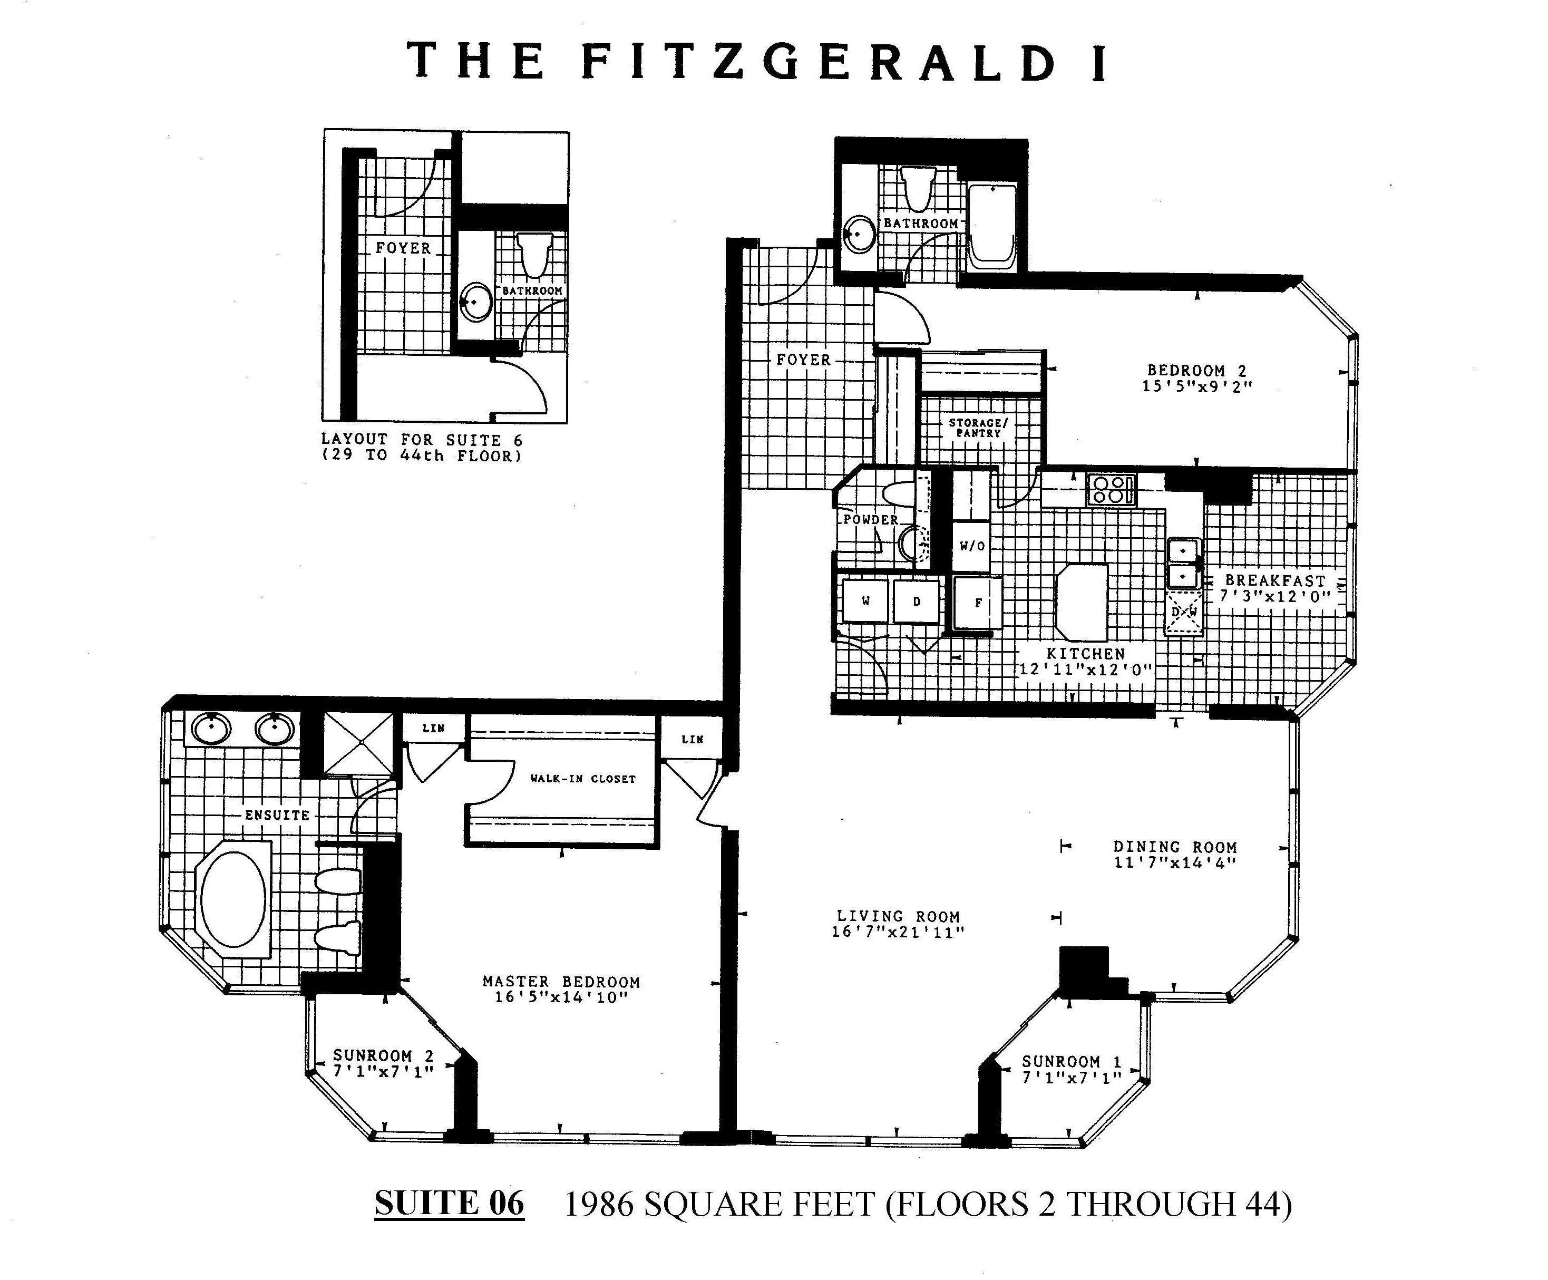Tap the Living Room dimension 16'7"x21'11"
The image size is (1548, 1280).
(x=898, y=932)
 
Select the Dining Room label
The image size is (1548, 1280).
(x=1174, y=847)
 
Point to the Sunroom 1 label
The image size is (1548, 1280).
(x=1071, y=1062)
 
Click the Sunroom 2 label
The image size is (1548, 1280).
(x=383, y=1056)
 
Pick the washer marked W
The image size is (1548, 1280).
(x=865, y=602)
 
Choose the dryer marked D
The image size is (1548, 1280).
(x=917, y=602)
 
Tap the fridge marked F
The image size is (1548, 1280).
(x=978, y=603)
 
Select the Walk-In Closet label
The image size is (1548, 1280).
(x=582, y=779)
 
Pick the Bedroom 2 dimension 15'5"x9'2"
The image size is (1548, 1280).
(x=1197, y=386)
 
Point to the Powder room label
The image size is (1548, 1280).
(x=871, y=519)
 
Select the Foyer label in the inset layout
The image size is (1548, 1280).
(x=403, y=248)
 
